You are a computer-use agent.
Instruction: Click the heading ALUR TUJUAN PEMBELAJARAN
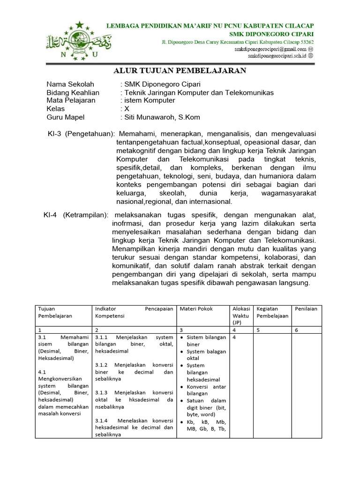180,71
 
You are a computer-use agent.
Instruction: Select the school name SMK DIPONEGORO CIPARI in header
271,34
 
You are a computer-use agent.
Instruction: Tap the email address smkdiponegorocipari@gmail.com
270,49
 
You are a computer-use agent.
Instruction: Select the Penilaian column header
306,308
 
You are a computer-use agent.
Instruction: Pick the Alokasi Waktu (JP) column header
241,315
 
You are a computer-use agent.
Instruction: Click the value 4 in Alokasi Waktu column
234,337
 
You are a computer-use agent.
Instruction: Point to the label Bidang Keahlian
73,92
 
